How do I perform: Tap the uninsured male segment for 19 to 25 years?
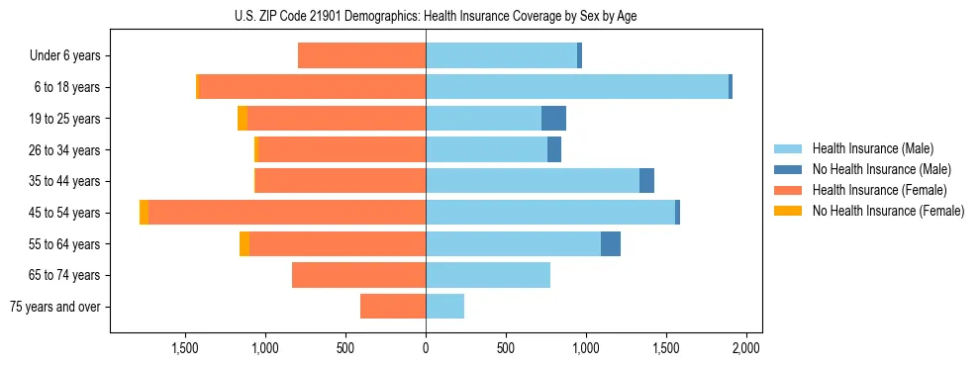(x=553, y=119)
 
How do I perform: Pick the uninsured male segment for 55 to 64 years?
(x=611, y=244)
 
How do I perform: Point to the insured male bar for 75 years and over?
(x=444, y=307)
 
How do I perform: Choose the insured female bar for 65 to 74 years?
(x=358, y=275)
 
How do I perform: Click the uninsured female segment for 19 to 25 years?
(x=243, y=119)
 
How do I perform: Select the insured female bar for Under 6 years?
(x=361, y=56)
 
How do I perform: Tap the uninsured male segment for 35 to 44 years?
(x=646, y=181)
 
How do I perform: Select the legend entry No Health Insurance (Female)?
(x=887, y=211)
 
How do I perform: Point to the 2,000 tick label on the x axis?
(x=745, y=348)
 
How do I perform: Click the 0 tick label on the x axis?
(x=426, y=348)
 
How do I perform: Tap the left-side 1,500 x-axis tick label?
(x=185, y=348)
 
